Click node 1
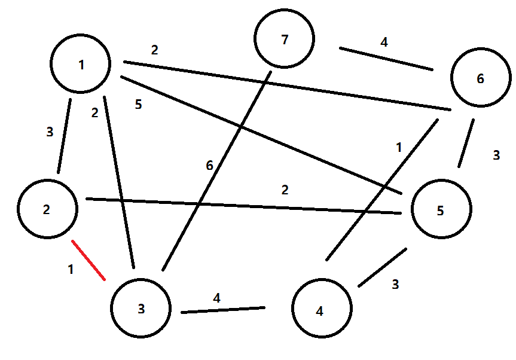(x=81, y=64)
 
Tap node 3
(x=141, y=309)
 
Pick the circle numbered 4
(x=322, y=311)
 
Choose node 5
(x=441, y=210)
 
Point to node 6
(x=481, y=78)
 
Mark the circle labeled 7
(x=284, y=39)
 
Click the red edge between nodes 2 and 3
(x=88, y=260)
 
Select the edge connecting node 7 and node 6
(x=386, y=59)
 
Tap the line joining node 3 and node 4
(x=223, y=310)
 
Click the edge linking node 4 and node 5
(x=382, y=267)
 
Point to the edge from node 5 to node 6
(x=466, y=143)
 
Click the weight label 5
(x=138, y=105)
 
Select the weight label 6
(x=209, y=166)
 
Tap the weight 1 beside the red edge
(x=71, y=269)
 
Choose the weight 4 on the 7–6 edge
(x=384, y=42)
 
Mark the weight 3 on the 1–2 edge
(x=50, y=132)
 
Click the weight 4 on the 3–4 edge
(x=216, y=297)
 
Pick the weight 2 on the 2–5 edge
(x=285, y=190)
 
